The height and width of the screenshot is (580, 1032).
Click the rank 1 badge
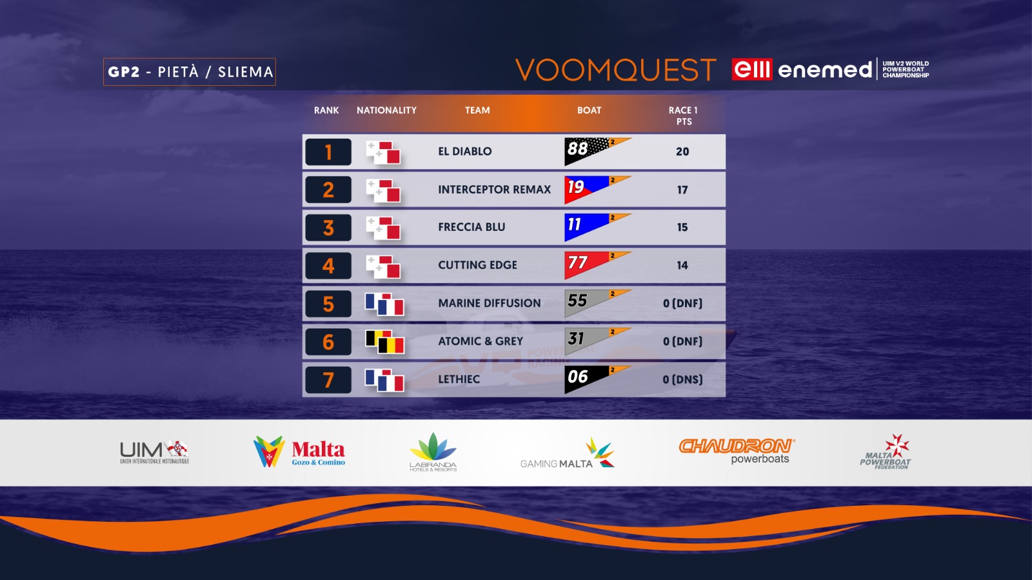328,152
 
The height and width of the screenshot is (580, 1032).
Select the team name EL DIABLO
465,152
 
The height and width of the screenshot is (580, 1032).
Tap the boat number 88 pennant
597,151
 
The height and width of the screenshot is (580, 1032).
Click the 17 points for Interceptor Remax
682,190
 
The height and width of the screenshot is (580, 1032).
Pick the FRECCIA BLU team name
471,227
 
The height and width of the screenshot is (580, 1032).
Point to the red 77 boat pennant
597,265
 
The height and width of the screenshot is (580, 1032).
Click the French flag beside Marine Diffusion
384,304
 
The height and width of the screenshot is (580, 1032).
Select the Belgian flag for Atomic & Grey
384,342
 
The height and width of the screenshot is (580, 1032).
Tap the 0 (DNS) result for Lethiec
682,379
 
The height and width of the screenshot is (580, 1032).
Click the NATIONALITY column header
386,110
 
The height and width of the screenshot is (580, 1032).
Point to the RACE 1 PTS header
683,116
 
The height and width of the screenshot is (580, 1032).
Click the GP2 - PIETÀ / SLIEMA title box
190,72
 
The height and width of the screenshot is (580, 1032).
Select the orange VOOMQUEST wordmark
615,70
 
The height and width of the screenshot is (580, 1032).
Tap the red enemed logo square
752,70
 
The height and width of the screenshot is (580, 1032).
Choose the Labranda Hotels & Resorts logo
433,452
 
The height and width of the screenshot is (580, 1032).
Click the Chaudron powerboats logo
737,451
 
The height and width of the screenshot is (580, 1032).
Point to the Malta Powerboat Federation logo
886,452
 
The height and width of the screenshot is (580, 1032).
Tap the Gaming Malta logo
568,454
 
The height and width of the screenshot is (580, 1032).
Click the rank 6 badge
328,342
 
